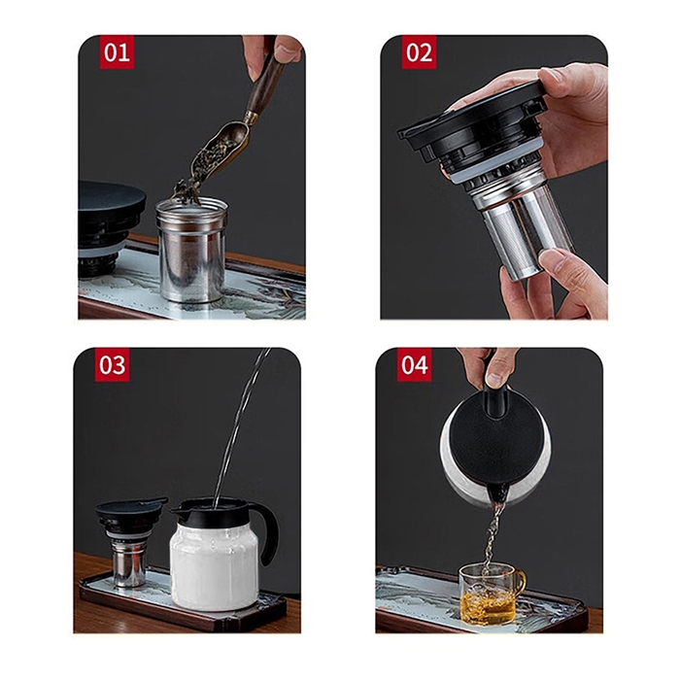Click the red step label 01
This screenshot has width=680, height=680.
[117, 52]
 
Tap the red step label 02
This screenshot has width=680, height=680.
[419, 52]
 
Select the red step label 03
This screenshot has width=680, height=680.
[112, 364]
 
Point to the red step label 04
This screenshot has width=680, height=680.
[414, 364]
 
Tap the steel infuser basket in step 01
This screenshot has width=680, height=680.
[191, 250]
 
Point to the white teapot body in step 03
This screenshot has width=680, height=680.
[214, 563]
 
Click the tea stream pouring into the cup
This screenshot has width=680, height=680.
[493, 535]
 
